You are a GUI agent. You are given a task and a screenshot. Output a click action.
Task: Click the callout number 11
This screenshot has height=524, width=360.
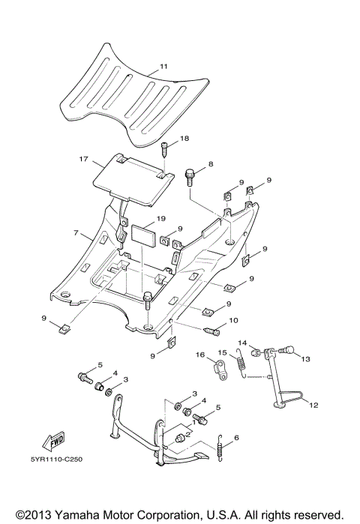pyautogui.click(x=163, y=68)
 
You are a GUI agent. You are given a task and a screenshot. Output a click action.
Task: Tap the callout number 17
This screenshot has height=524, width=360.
pyautogui.click(x=84, y=159)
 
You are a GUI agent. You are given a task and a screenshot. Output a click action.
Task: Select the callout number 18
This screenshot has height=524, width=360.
pyautogui.click(x=184, y=139)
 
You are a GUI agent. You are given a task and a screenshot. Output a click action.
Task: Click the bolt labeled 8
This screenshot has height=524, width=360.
pyautogui.click(x=190, y=178)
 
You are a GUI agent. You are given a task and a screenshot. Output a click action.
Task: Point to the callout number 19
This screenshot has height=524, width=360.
pyautogui.click(x=160, y=219)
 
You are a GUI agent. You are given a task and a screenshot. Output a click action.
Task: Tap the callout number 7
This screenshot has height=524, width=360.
pyautogui.click(x=76, y=234)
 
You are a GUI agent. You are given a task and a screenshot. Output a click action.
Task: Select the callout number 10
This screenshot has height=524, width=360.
pyautogui.click(x=233, y=320)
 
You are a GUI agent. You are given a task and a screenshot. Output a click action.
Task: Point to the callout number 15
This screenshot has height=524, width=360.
pyautogui.click(x=222, y=352)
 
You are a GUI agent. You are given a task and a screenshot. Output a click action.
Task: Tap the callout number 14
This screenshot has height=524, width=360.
pyautogui.click(x=242, y=343)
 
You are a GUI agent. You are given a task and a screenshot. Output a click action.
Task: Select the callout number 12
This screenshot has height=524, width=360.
pyautogui.click(x=313, y=405)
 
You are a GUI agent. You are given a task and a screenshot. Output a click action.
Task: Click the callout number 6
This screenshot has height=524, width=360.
pyautogui.click(x=237, y=438)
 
